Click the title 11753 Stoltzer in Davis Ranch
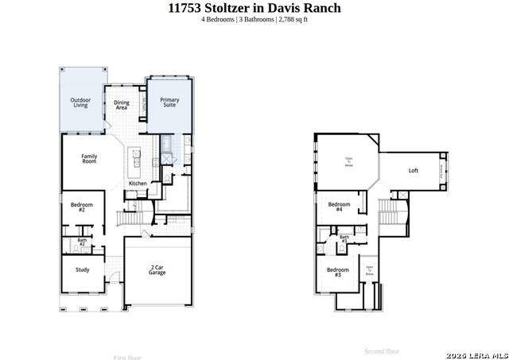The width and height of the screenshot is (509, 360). tap(254, 8)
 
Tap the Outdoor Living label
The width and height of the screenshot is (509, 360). tap(81, 103)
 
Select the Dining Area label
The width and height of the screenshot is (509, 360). tap(122, 103)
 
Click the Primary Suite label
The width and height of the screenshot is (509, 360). tap(169, 103)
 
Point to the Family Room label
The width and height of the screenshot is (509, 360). tap(89, 159)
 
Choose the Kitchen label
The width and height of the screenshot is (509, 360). tap(138, 184)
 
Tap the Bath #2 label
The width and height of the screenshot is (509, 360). tap(82, 242)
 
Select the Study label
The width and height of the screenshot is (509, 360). tap(83, 269)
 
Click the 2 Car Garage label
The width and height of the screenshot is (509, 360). tap(157, 270)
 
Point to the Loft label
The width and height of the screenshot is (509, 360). tap(414, 171)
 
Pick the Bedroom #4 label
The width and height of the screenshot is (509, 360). tap(335, 207)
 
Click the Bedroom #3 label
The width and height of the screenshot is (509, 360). tap(333, 272)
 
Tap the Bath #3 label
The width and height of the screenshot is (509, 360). tap(344, 238)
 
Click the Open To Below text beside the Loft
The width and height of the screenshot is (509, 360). tap(348, 162)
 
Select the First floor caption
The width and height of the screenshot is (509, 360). tap(127, 358)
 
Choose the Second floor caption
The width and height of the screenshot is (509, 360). tap(382, 351)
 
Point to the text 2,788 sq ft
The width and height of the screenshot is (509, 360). tap(293, 19)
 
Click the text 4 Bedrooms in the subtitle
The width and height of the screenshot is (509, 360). tap(218, 19)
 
